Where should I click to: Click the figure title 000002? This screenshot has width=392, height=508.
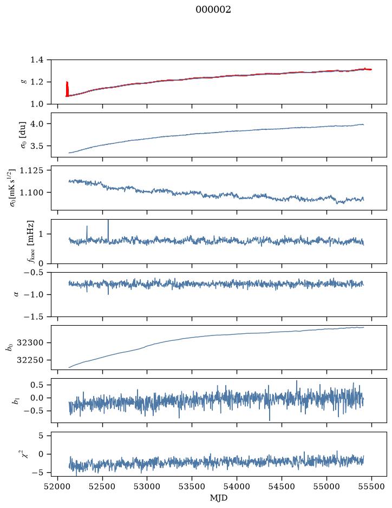(213, 10)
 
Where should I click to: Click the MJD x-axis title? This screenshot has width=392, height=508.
(219, 498)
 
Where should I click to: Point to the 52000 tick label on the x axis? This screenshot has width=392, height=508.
(58, 486)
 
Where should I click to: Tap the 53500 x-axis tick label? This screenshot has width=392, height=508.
(192, 486)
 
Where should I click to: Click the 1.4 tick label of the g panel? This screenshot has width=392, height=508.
(37, 60)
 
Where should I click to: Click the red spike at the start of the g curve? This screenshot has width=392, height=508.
(67, 89)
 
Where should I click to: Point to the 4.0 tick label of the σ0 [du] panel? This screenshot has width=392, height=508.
(37, 124)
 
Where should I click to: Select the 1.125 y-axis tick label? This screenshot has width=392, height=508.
(31, 170)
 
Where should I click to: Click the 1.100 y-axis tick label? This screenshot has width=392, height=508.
(31, 193)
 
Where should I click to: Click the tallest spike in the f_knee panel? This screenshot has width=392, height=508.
(108, 230)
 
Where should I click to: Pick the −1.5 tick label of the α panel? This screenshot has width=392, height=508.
(34, 316)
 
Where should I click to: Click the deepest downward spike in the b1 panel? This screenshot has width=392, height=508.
(270, 412)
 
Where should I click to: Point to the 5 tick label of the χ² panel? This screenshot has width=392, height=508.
(41, 436)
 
